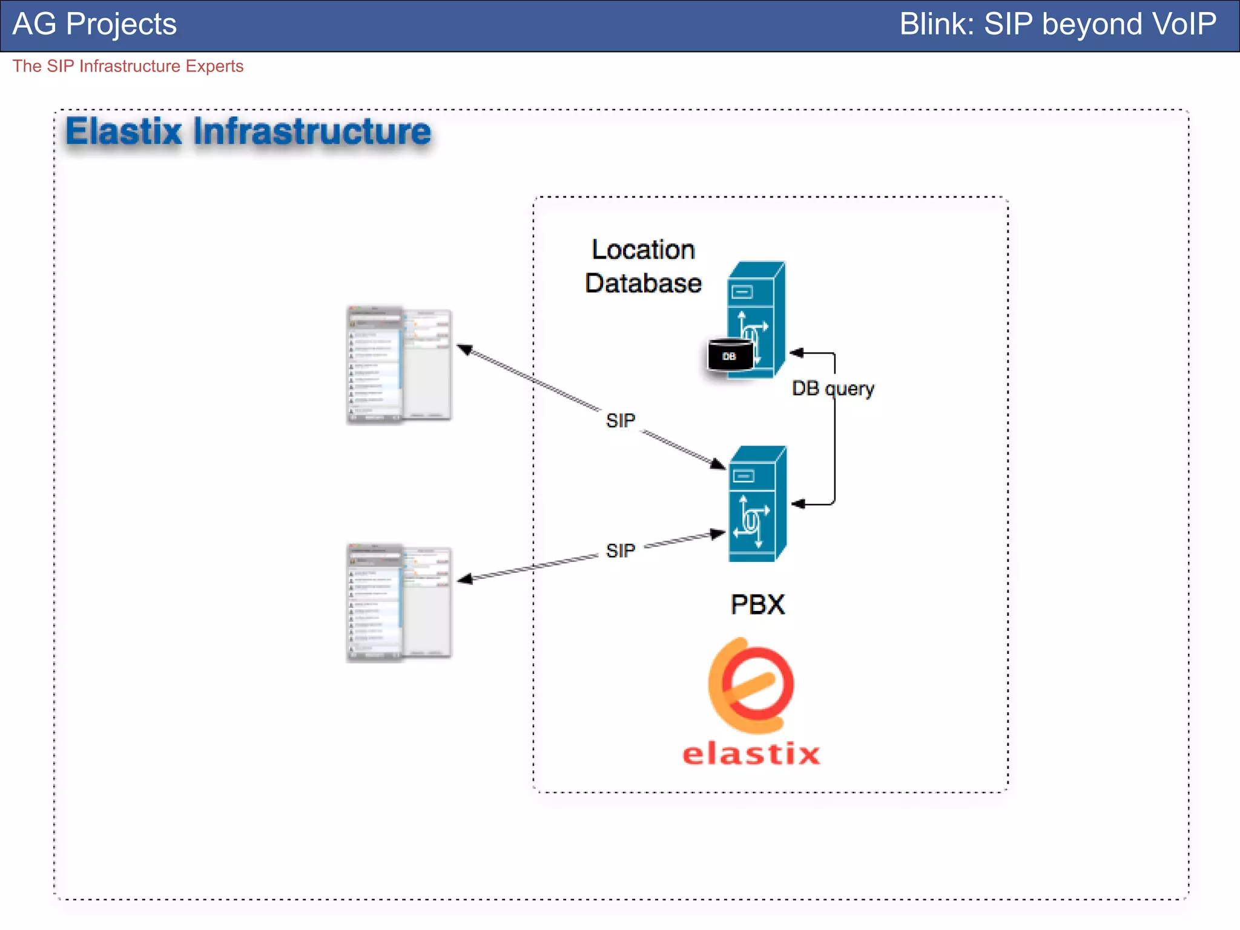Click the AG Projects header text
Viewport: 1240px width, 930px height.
coord(94,25)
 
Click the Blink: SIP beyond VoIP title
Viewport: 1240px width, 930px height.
coord(1057,25)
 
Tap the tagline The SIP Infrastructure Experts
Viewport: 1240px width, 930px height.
coord(128,66)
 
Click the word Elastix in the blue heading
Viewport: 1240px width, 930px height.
coord(124,132)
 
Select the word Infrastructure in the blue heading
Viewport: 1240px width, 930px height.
coord(312,132)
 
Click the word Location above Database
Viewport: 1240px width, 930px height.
coord(643,250)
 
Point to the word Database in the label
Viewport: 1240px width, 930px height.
coord(643,283)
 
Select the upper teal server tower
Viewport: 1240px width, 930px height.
coord(757,320)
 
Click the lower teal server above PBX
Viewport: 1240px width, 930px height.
coord(757,504)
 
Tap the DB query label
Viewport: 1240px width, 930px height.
coord(833,388)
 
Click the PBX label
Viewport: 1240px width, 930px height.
coord(757,604)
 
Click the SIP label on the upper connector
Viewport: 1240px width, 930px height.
coord(621,420)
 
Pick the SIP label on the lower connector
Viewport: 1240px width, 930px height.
coord(621,550)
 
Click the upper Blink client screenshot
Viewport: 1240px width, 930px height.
coord(399,364)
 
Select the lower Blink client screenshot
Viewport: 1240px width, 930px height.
coord(399,602)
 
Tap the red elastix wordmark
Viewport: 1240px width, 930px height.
coord(751,754)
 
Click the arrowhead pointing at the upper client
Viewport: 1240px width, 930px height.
coord(464,349)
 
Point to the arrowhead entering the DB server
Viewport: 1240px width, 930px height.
coord(797,352)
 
